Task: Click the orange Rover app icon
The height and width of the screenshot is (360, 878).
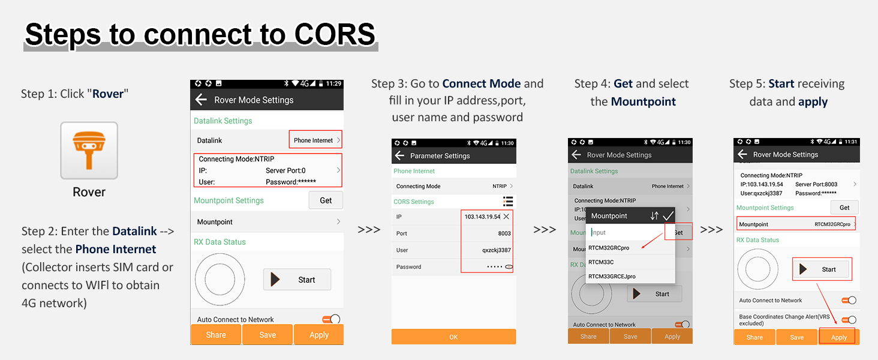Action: [89, 150]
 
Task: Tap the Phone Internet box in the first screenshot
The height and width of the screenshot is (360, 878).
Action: [315, 139]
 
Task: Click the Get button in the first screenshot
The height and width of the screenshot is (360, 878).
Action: [326, 200]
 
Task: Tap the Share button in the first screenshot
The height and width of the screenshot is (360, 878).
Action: [216, 335]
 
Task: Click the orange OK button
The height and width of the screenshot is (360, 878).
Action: [453, 337]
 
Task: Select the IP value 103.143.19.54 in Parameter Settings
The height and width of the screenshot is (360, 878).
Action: [482, 217]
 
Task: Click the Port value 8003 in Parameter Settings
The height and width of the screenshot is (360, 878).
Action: [504, 233]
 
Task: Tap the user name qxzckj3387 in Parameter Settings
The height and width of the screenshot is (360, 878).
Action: [496, 250]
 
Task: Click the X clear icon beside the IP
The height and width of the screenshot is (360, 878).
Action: [506, 217]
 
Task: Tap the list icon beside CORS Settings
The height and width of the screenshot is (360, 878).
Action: [508, 202]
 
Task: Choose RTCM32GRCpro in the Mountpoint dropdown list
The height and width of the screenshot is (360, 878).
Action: [609, 248]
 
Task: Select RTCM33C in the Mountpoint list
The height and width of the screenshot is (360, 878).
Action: [601, 262]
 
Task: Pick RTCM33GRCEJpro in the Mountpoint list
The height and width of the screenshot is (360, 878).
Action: [612, 277]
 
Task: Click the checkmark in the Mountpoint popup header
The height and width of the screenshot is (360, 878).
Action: [668, 215]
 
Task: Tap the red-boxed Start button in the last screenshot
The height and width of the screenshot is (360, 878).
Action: [822, 269]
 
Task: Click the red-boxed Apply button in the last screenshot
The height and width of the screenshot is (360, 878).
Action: [838, 337]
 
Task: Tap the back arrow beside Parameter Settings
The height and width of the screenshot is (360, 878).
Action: [399, 155]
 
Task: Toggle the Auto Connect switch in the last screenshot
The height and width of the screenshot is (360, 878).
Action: [849, 301]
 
